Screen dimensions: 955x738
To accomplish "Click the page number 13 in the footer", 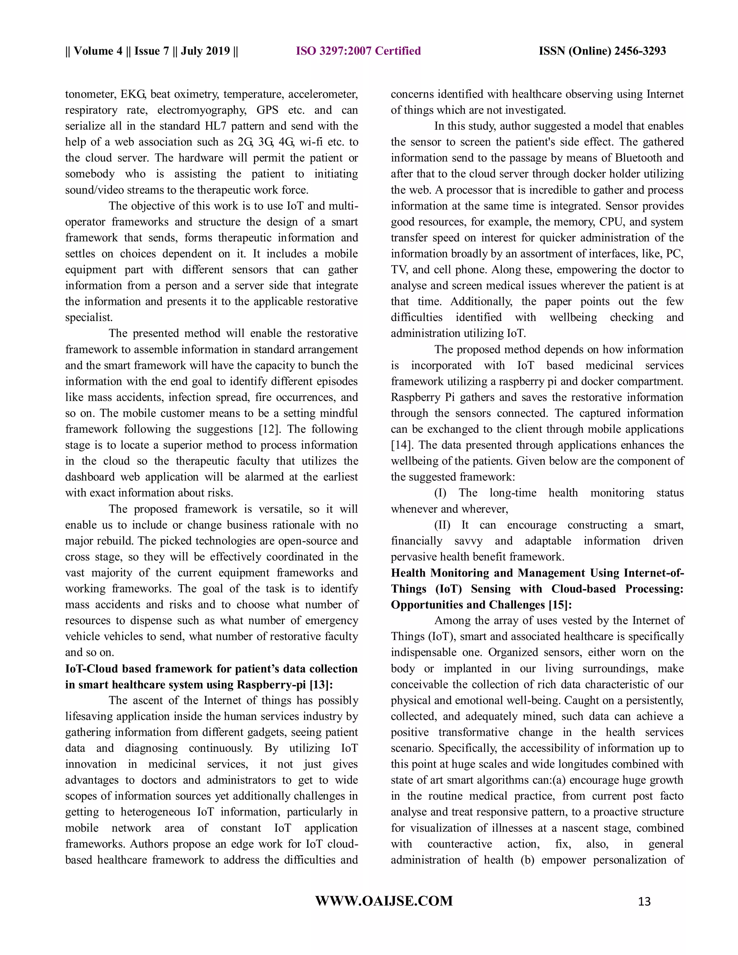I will [644, 901].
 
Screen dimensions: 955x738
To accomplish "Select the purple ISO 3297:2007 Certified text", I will [358, 51].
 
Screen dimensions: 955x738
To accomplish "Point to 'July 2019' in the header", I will [205, 51].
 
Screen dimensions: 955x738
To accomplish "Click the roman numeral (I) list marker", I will [440, 493].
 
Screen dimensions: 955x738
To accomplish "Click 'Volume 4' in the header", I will [98, 51].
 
